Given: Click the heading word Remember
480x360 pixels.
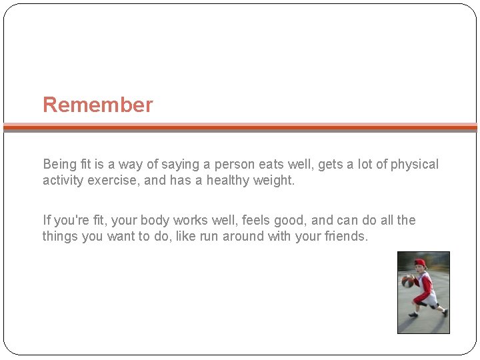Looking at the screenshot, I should pyautogui.click(x=97, y=105).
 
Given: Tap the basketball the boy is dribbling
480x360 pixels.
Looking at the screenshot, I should pyautogui.click(x=407, y=281).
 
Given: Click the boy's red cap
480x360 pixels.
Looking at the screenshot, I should pyautogui.click(x=419, y=263).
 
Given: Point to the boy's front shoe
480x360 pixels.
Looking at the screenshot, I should pyautogui.click(x=413, y=314).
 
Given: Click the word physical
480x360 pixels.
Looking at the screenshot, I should pyautogui.click(x=415, y=164).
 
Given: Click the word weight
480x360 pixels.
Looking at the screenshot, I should pyautogui.click(x=273, y=180).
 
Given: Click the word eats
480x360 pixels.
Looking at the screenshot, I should pyautogui.click(x=275, y=164).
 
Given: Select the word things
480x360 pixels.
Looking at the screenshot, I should pyautogui.click(x=60, y=236).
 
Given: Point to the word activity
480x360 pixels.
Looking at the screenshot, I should pyautogui.click(x=63, y=180).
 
